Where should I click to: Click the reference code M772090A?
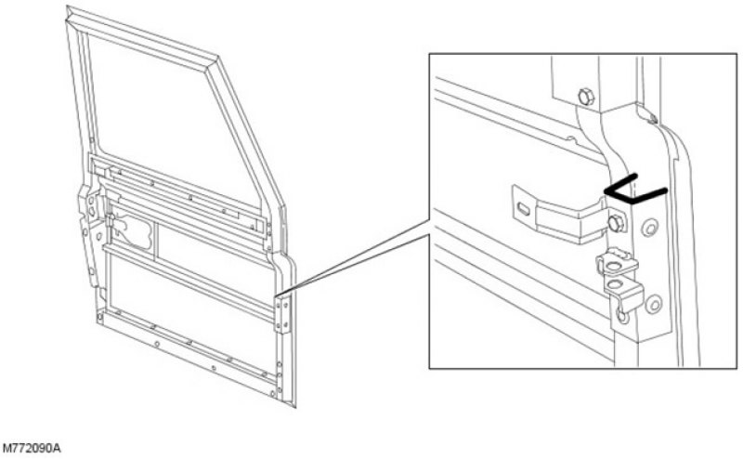click(32, 448)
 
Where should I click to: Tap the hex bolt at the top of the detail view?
click(586, 97)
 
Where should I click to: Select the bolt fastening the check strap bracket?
click(616, 223)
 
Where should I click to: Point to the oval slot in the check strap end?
click(523, 209)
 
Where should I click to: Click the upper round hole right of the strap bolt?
click(649, 229)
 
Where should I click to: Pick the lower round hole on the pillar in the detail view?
click(654, 304)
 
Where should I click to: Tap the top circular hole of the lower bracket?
click(614, 266)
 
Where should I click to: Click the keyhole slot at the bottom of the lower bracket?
click(622, 315)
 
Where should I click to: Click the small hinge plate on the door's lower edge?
click(283, 314)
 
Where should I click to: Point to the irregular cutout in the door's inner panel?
click(134, 230)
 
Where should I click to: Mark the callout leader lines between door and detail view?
click(356, 258)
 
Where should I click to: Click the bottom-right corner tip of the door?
click(295, 407)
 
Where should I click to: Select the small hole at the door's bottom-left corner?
click(100, 316)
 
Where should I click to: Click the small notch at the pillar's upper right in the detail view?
click(652, 118)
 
